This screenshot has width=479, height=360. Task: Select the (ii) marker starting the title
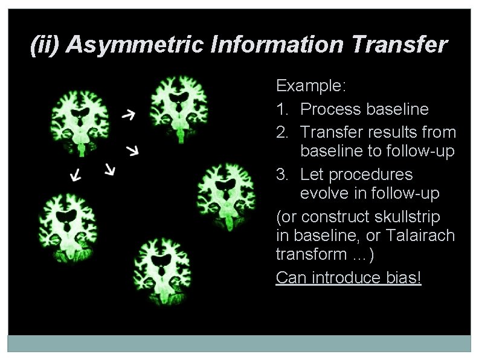point(45,45)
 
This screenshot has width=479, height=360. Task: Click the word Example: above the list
point(310,86)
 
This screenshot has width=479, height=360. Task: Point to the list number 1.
point(281,109)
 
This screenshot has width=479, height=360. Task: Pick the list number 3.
point(281,175)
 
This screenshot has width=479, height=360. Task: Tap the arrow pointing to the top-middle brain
point(128,114)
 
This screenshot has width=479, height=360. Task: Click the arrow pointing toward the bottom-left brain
point(76,175)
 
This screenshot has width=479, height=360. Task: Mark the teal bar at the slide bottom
point(239,343)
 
